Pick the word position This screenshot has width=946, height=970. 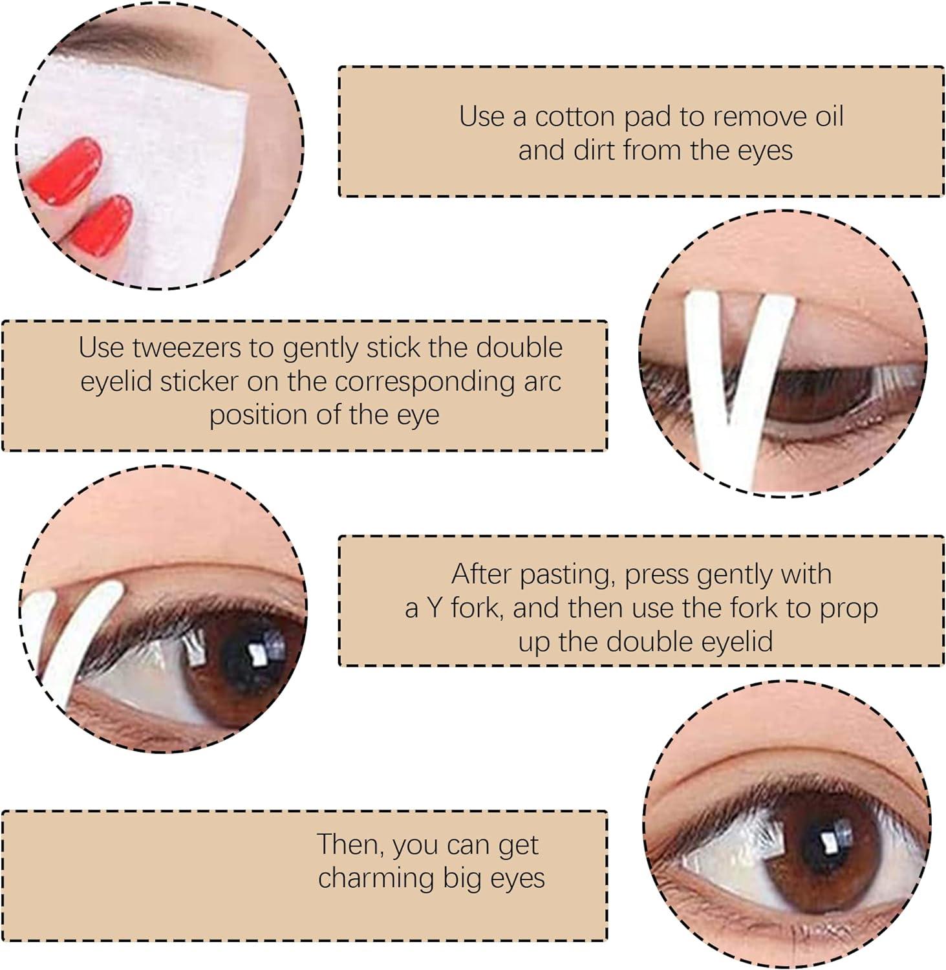254,415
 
